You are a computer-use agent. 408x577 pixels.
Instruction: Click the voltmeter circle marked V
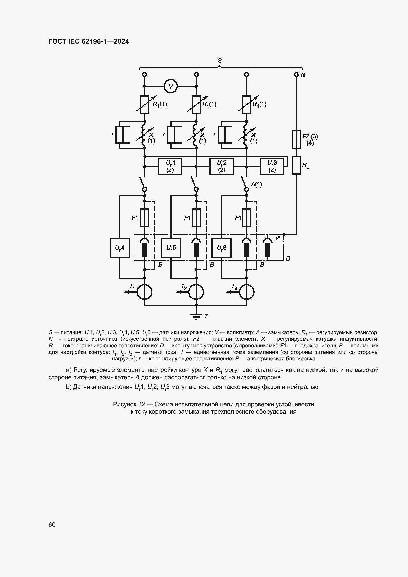171,86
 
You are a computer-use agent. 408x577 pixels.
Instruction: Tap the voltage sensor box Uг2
221,166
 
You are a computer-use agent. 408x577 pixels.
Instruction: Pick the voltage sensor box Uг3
272,166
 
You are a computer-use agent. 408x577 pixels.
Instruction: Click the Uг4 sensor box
120,248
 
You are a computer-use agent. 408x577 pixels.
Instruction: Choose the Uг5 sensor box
171,248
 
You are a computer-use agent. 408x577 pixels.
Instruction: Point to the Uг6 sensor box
221,248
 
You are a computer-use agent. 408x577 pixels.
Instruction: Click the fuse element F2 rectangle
296,139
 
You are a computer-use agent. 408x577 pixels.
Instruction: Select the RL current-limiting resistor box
296,165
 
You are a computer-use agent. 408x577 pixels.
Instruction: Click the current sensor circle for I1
145,292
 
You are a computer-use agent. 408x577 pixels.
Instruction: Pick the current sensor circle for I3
246,292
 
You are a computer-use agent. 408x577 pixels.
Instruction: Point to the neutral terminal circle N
296,75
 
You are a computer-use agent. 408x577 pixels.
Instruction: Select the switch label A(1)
256,185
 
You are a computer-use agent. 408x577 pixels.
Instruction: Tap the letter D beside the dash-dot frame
288,258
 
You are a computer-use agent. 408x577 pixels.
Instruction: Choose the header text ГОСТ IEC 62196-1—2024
89,41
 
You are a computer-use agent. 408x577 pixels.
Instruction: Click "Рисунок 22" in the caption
129,404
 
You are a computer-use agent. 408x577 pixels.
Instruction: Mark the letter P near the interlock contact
278,238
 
